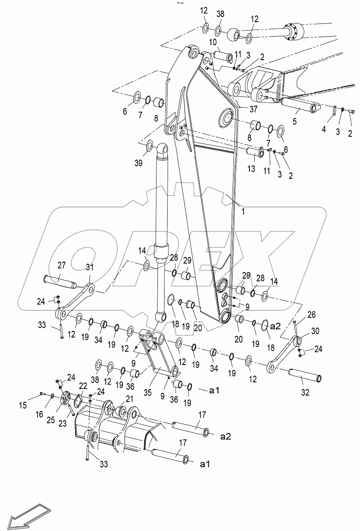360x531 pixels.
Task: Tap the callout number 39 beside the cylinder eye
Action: click(x=139, y=163)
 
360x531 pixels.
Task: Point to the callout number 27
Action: click(x=61, y=265)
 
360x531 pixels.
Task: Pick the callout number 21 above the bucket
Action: click(x=129, y=399)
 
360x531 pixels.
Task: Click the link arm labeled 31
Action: click(x=77, y=301)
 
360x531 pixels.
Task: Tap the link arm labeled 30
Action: click(x=283, y=353)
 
